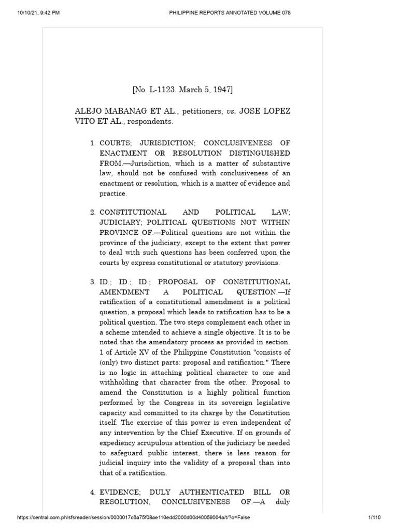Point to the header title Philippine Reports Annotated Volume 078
(x=230, y=13)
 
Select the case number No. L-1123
(x=154, y=90)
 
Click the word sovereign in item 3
(x=214, y=403)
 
